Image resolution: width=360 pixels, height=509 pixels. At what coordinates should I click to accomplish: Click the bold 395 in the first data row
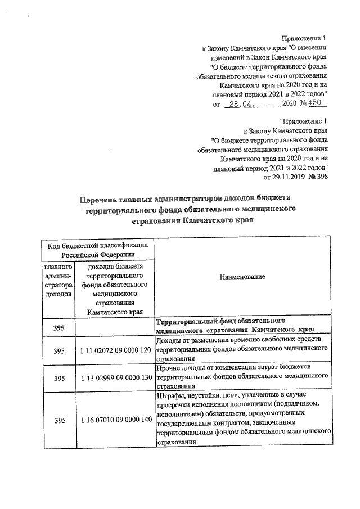point(59,328)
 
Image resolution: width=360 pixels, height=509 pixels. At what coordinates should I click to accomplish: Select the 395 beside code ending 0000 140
point(59,420)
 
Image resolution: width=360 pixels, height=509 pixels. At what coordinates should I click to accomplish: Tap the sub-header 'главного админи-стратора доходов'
point(58,280)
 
